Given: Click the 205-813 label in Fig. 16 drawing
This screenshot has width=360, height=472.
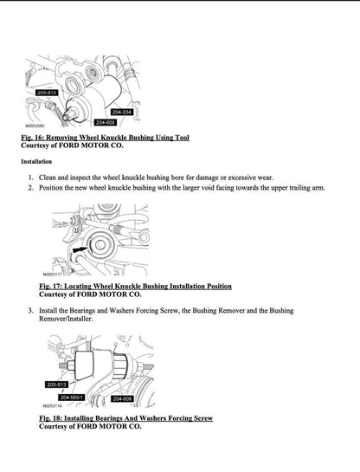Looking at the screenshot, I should pyautogui.click(x=48, y=91).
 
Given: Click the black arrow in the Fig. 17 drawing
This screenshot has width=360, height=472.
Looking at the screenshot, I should pyautogui.click(x=81, y=248).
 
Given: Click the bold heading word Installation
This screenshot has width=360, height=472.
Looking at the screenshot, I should pyautogui.click(x=41, y=162).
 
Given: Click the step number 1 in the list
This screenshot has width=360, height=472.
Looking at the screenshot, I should pyautogui.click(x=30, y=177).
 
